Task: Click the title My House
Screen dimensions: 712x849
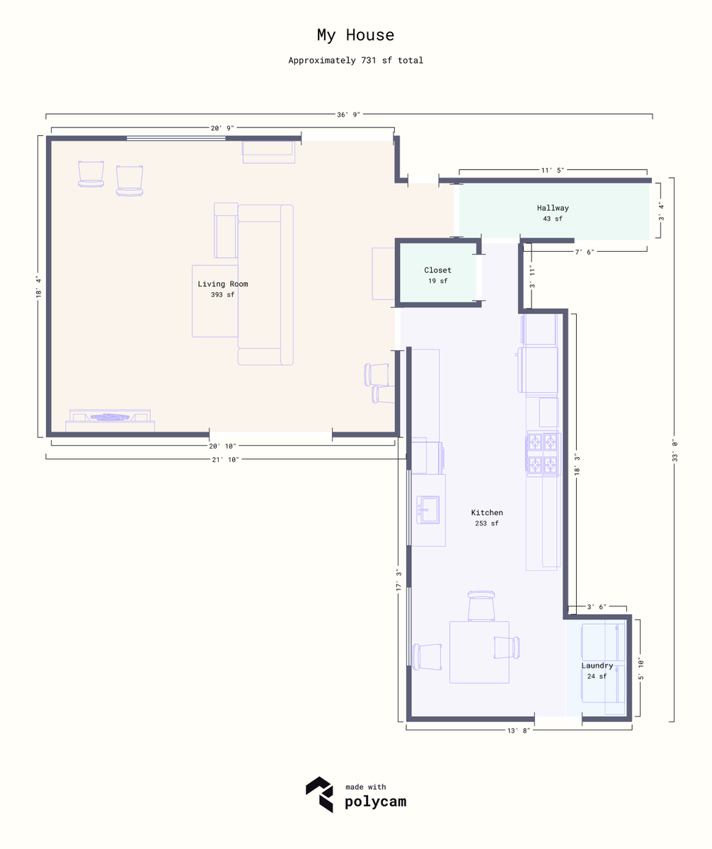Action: pyautogui.click(x=355, y=35)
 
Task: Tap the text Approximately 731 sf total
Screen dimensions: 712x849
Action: pyautogui.click(x=355, y=60)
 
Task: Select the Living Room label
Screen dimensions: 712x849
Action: pyautogui.click(x=222, y=284)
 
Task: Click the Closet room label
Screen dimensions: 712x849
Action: pyautogui.click(x=437, y=270)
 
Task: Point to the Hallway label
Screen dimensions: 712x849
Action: pyautogui.click(x=553, y=208)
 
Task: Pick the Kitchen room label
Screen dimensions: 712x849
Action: pyautogui.click(x=487, y=512)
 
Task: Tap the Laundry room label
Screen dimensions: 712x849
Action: pyautogui.click(x=597, y=665)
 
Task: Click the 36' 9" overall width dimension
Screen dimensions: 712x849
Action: pyautogui.click(x=348, y=115)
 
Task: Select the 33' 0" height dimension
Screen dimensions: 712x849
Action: pyautogui.click(x=674, y=450)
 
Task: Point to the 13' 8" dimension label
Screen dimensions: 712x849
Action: pyautogui.click(x=518, y=731)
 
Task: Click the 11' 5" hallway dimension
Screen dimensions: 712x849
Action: pyautogui.click(x=553, y=170)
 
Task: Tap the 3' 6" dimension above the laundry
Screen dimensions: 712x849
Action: pyautogui.click(x=597, y=606)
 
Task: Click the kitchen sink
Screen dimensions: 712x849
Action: pyautogui.click(x=427, y=509)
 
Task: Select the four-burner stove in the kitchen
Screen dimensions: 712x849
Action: pyautogui.click(x=543, y=454)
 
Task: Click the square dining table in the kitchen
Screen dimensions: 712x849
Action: pyautogui.click(x=479, y=652)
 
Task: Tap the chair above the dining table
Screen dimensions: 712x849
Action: pyautogui.click(x=481, y=606)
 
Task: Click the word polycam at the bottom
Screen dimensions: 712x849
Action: pyautogui.click(x=375, y=802)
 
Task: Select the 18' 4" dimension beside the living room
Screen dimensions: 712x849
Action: pyautogui.click(x=39, y=287)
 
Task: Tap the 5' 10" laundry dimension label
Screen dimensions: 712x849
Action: pyautogui.click(x=641, y=669)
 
